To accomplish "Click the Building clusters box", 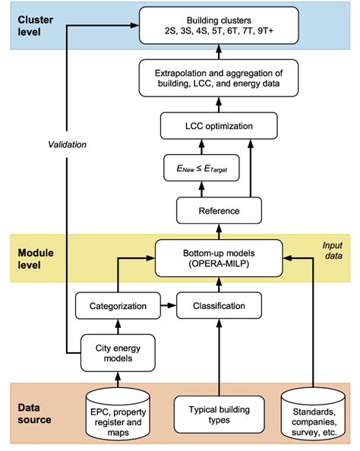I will (x=218, y=28).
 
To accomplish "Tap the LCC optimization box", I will (x=218, y=126).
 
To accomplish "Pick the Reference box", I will (x=218, y=210).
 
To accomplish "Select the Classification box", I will (x=218, y=307).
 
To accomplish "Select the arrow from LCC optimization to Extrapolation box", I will (x=218, y=106).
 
